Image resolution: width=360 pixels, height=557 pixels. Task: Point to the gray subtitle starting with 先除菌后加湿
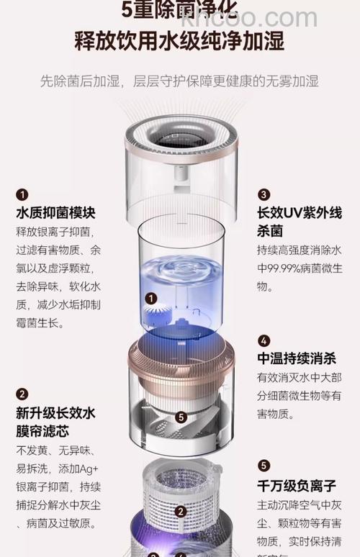[179, 81]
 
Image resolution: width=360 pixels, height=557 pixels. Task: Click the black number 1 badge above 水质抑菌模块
[22, 194]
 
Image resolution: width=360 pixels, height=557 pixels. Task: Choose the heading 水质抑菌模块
[55, 213]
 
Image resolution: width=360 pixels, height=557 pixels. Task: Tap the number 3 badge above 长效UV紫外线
[264, 194]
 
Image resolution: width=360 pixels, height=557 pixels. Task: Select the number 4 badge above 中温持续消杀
[264, 340]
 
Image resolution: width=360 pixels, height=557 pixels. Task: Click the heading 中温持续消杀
[296, 359]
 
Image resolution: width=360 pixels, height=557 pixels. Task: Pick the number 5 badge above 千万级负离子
[264, 466]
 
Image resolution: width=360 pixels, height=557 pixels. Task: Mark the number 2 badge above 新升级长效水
[22, 394]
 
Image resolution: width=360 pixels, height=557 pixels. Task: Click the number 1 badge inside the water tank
[150, 298]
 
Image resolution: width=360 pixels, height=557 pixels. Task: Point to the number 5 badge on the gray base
[181, 416]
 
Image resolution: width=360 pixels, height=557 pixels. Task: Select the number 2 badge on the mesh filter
[181, 512]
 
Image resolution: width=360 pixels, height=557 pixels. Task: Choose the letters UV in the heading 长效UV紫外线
[297, 214]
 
